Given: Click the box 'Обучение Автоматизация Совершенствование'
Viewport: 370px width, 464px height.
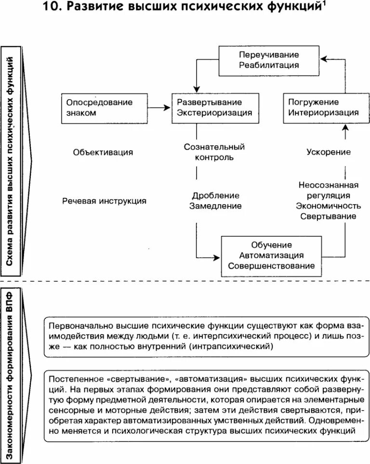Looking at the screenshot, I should [x=271, y=255].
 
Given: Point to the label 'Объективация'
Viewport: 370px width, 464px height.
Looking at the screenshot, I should [x=103, y=153].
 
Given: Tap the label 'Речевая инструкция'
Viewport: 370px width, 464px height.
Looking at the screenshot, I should [x=104, y=201].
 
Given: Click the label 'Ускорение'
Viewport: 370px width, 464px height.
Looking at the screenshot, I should [x=328, y=153].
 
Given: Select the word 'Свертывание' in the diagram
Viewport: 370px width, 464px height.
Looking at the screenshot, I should [x=329, y=216].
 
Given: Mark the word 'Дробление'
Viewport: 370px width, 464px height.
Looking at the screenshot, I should [x=215, y=195].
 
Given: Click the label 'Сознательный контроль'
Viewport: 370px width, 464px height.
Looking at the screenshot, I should [x=215, y=152].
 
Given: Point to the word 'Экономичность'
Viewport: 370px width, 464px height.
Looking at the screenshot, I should [x=329, y=206].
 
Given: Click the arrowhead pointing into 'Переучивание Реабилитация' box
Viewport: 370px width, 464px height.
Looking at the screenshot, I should [x=324, y=59].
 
